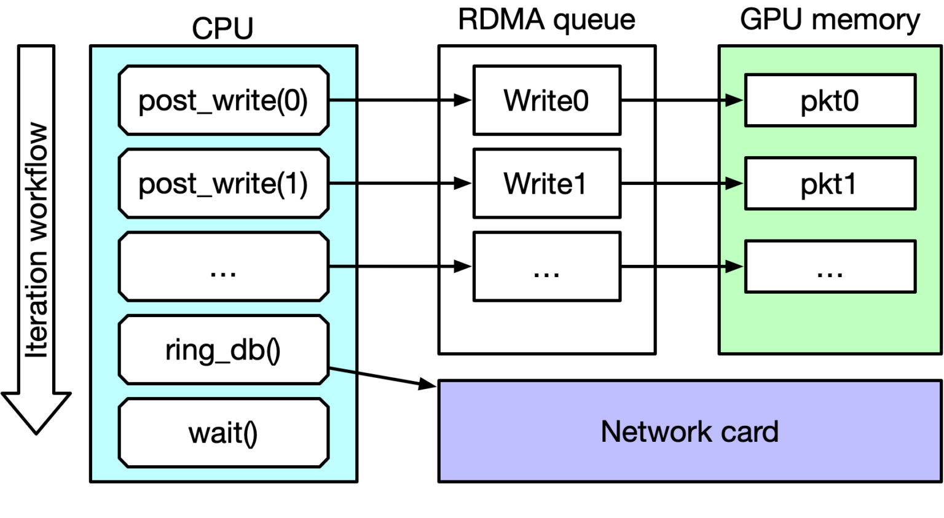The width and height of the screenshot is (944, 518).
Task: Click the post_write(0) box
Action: [223, 100]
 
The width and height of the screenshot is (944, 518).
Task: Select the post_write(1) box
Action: [223, 183]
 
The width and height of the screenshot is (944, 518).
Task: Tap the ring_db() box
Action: [223, 350]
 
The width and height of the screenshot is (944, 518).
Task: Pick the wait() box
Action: [223, 433]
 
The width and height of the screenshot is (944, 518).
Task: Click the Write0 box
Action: [546, 100]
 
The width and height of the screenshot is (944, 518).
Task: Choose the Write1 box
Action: [546, 183]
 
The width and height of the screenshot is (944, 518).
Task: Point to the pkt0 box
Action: [830, 101]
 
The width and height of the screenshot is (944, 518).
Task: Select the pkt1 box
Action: [830, 184]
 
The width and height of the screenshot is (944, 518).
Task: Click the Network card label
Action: [689, 431]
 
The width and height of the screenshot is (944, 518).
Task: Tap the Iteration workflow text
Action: [36, 240]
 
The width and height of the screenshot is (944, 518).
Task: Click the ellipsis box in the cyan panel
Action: [223, 267]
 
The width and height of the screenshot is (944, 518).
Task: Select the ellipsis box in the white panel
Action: [546, 267]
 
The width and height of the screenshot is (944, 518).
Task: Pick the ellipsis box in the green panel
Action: [830, 267]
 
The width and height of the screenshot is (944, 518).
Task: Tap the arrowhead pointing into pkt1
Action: [734, 183]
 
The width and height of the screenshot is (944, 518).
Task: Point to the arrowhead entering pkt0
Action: [734, 100]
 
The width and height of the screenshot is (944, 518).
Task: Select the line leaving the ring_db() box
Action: [342, 370]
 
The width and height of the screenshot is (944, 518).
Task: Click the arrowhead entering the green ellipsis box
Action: [734, 267]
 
